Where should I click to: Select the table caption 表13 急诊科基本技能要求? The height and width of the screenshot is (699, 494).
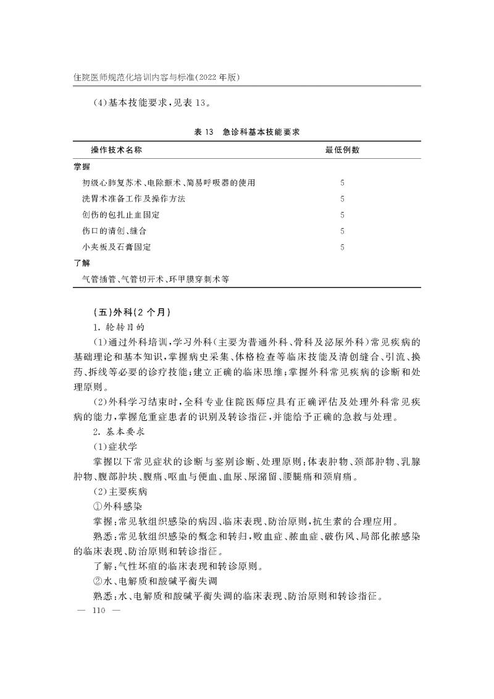[247, 132]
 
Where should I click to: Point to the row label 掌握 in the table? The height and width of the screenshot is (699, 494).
[81, 167]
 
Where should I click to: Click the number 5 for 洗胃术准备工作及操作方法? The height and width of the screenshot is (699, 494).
[342, 199]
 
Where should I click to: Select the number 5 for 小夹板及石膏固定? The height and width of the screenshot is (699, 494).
[342, 247]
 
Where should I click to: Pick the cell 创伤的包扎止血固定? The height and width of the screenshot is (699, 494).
[120, 215]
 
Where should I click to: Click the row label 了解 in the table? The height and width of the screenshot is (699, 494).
[81, 263]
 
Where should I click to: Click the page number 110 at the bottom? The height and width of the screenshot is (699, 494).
[98, 611]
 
